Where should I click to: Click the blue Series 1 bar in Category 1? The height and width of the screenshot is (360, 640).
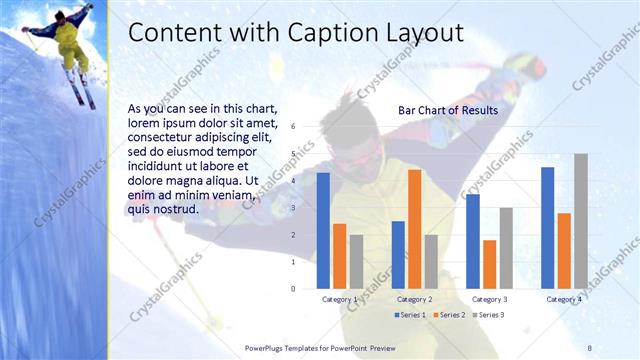coord(323,230)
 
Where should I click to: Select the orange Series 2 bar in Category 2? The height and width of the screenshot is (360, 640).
coord(414,228)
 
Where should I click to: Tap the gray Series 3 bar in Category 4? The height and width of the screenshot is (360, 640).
coord(580,220)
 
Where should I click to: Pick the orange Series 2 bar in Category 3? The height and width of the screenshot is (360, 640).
coord(489,263)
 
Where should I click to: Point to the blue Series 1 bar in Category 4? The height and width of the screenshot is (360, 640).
coord(547,227)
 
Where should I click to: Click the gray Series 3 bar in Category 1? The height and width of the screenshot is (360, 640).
coord(356,261)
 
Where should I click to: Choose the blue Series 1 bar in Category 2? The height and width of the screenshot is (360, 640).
coord(398,254)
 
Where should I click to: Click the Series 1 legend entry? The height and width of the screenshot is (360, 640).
coord(410,315)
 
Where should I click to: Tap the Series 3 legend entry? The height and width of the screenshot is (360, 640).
coord(488,315)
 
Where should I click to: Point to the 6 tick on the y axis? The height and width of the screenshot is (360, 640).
coord(293,127)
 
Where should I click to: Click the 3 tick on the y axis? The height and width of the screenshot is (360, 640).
coord(293,208)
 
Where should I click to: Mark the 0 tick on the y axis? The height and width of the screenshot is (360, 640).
coord(293,288)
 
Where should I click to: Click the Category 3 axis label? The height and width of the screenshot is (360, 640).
coord(489,299)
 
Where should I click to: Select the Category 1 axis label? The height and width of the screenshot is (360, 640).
coord(339,299)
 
